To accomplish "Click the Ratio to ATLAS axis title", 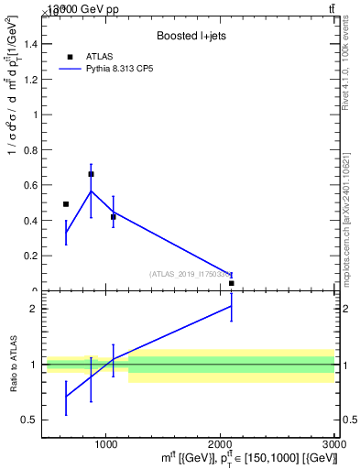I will click(13, 365).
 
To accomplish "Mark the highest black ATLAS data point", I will click(91, 174).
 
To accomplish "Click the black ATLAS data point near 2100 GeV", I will click(232, 283).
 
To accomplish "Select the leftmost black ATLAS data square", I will click(66, 204).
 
